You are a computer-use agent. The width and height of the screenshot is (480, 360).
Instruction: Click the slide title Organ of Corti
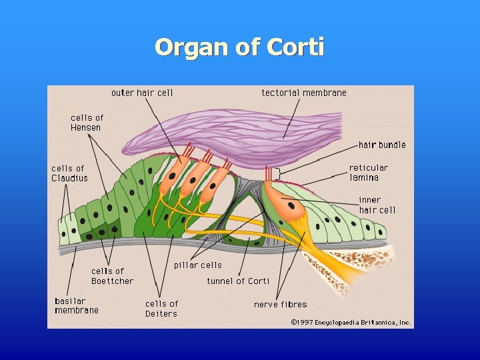point(239,48)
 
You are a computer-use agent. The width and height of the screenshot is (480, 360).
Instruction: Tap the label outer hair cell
point(141,93)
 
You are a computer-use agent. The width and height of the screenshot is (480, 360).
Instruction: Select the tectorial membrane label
point(304,93)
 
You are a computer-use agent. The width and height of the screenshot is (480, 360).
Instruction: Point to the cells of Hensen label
point(87,123)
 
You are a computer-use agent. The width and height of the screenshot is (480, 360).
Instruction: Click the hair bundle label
point(381,145)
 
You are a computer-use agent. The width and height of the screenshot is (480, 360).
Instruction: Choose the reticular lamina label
point(368,173)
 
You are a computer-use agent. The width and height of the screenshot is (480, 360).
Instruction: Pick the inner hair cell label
point(377,205)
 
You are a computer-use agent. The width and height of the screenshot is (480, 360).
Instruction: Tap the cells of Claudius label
point(69,173)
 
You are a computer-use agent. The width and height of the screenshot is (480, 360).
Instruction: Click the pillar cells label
point(197,265)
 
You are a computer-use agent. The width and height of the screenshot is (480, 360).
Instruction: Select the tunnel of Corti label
point(238,281)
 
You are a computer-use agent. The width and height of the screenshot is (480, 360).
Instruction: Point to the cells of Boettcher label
point(112,276)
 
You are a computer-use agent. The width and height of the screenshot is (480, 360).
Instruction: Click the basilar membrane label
point(76,305)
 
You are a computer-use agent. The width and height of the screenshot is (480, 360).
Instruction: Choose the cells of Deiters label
point(161,309)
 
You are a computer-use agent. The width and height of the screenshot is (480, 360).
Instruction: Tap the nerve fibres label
point(280,305)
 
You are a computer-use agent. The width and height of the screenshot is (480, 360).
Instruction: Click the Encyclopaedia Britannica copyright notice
point(351,322)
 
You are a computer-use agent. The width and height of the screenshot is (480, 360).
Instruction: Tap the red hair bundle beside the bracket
point(269,174)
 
